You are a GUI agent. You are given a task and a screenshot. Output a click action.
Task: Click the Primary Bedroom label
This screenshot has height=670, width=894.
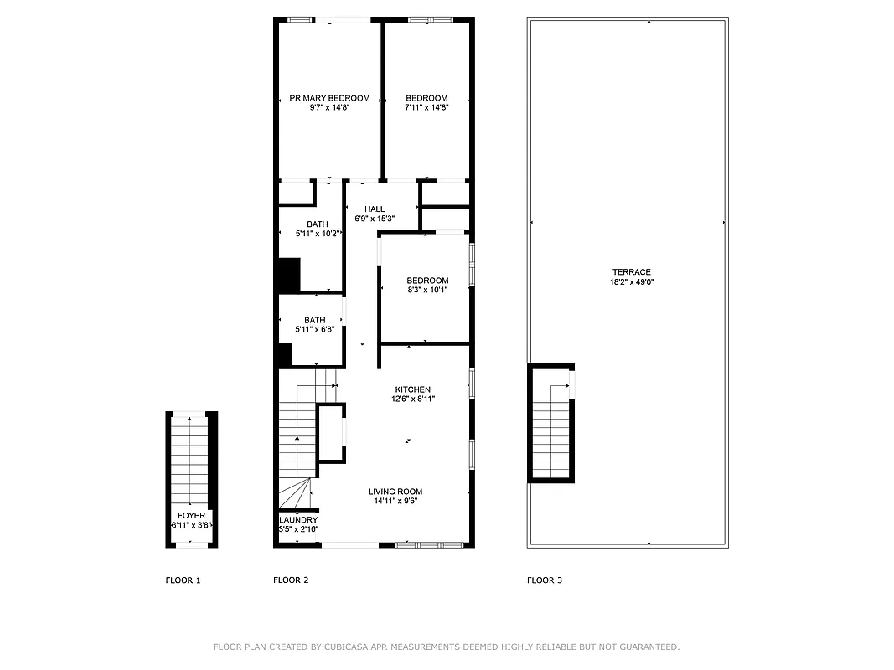tap(329, 98)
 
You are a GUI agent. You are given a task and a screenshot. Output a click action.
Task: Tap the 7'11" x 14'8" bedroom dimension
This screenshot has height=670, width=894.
tap(426, 107)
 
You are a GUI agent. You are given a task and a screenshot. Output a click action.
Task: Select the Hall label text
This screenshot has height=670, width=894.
tap(375, 209)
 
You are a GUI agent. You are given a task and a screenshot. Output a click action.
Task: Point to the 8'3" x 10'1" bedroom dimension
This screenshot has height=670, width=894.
tap(427, 290)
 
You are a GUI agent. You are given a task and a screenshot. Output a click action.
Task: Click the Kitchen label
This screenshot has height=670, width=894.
tap(413, 389)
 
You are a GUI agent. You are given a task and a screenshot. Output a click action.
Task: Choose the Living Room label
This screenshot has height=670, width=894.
tap(395, 492)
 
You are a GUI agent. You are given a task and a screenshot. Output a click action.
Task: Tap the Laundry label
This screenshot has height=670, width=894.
tap(297, 520)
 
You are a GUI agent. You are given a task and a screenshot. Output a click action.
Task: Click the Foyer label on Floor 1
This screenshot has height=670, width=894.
tap(191, 516)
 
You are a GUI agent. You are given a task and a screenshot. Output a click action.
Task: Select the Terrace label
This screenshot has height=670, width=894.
tap(631, 272)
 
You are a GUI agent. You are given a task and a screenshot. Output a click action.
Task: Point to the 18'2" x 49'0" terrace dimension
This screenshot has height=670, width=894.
tap(631, 282)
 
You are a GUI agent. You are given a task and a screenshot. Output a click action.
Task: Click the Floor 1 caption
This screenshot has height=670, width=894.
tap(183, 580)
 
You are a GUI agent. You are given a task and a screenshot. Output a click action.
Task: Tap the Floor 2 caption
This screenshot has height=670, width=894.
tap(291, 580)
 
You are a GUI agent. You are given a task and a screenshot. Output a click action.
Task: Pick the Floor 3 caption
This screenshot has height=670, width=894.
tap(544, 580)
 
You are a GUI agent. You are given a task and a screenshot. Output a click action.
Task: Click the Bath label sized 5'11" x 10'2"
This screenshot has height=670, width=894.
tap(317, 224)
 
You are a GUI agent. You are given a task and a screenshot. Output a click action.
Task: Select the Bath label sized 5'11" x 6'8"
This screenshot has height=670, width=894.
tap(315, 320)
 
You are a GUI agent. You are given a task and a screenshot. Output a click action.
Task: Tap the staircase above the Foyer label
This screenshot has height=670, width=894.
tap(191, 461)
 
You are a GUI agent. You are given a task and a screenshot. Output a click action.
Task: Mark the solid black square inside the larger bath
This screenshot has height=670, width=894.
tap(288, 275)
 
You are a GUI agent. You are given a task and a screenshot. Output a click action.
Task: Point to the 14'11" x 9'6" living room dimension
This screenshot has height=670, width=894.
tap(395, 502)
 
